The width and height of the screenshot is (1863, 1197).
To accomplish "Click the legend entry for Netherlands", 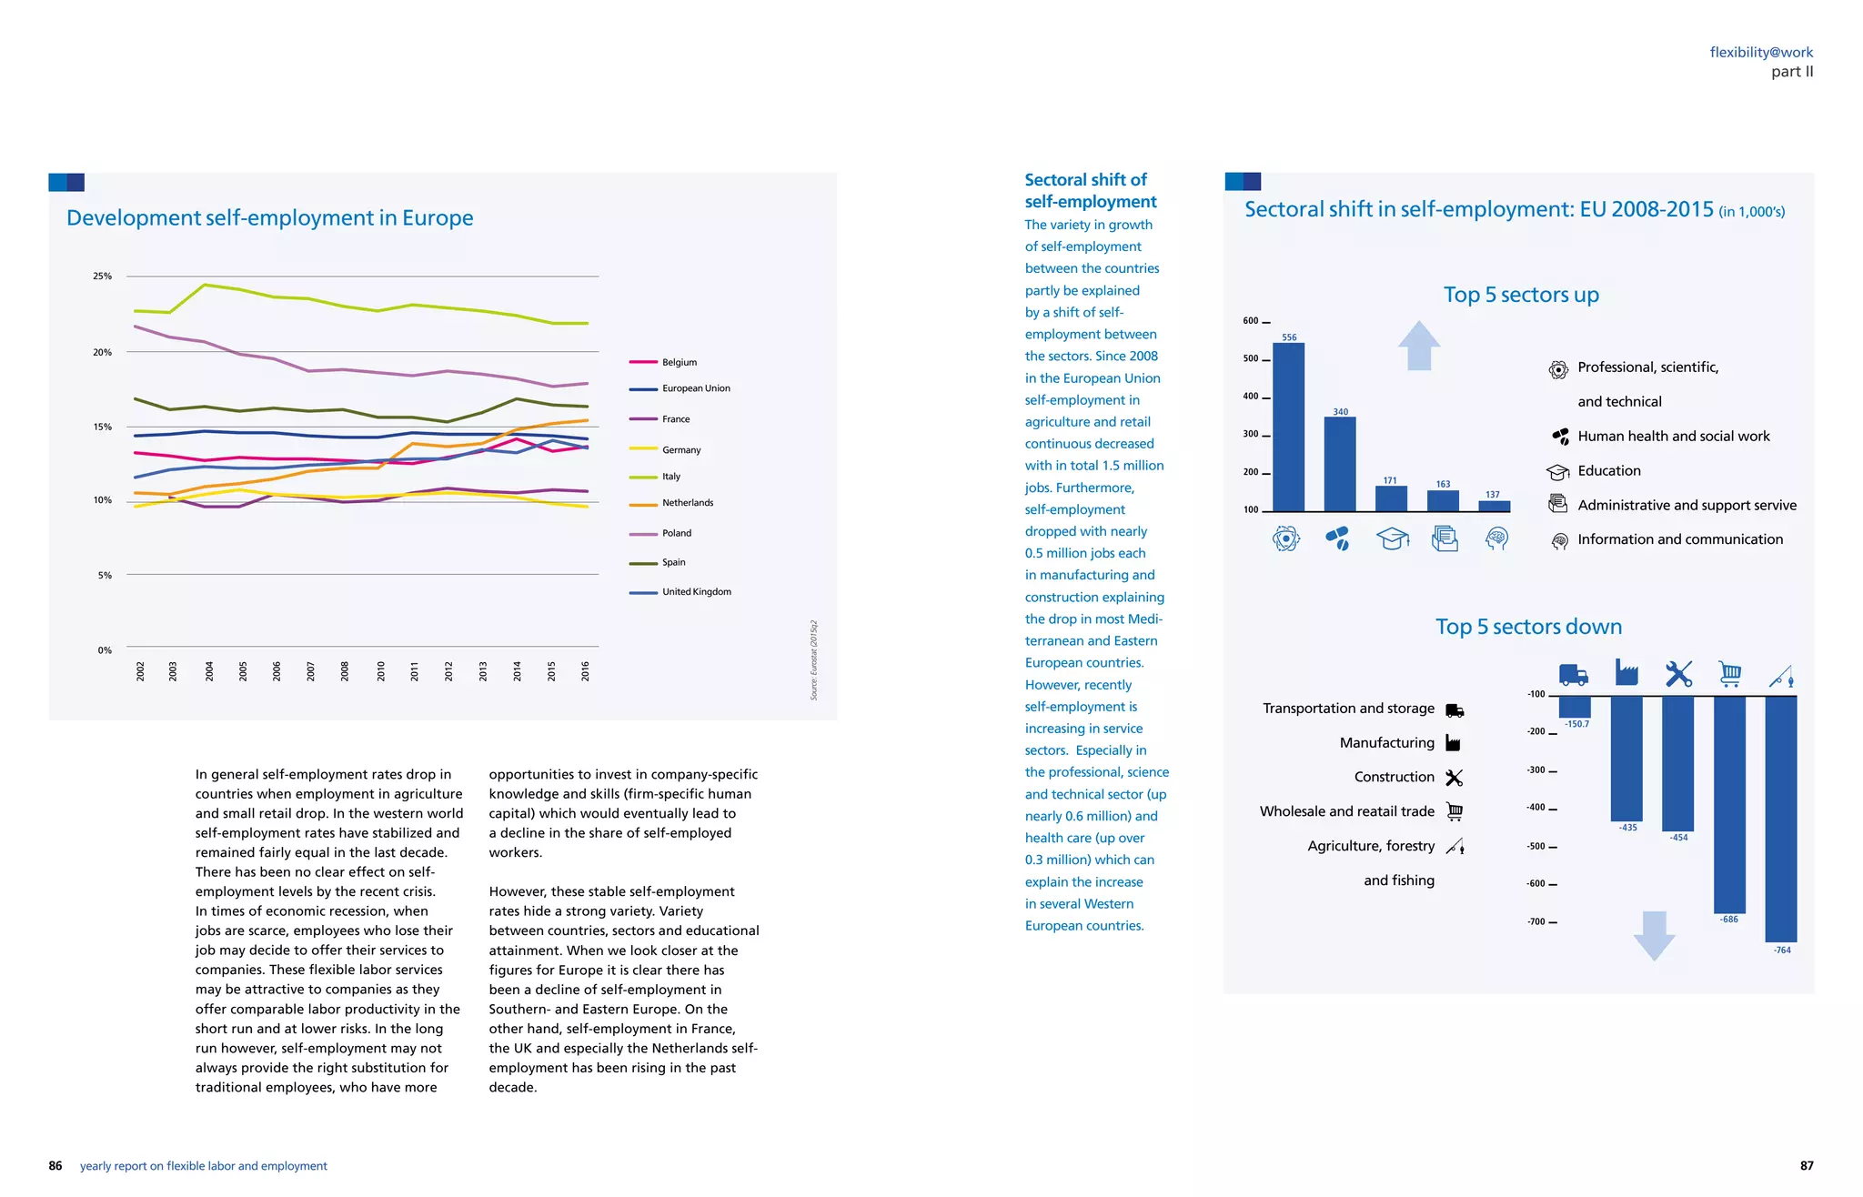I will [x=687, y=503].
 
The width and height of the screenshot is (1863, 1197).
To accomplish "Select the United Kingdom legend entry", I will [x=696, y=592].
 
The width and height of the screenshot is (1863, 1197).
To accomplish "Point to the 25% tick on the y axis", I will [x=102, y=276].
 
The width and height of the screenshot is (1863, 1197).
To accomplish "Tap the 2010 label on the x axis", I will [x=380, y=671].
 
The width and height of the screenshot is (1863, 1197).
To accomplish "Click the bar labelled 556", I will [x=1288, y=427].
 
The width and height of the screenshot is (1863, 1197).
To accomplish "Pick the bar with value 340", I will [x=1340, y=464].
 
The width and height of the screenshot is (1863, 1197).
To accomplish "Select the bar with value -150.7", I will [x=1575, y=707].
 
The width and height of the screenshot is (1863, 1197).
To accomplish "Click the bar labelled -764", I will [x=1780, y=819].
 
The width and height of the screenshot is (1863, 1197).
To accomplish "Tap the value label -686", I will [x=1728, y=920].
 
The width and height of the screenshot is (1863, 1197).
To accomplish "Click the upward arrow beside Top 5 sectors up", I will [x=1418, y=346].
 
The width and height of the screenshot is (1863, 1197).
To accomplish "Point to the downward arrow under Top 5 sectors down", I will [x=1654, y=935].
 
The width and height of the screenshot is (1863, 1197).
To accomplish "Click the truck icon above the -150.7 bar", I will [x=1574, y=675].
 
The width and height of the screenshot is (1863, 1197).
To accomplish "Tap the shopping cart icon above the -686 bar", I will [x=1729, y=674].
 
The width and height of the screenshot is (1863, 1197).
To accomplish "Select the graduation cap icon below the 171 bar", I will [x=1392, y=539].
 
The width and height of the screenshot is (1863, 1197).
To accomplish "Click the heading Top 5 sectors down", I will [x=1528, y=627].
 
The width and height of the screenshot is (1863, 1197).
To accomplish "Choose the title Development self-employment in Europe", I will [x=269, y=218].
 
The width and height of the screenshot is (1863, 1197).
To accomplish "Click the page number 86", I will [x=55, y=1166].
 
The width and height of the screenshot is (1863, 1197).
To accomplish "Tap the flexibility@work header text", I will [x=1761, y=53].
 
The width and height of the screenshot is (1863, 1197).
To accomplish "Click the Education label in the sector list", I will [x=1608, y=471].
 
